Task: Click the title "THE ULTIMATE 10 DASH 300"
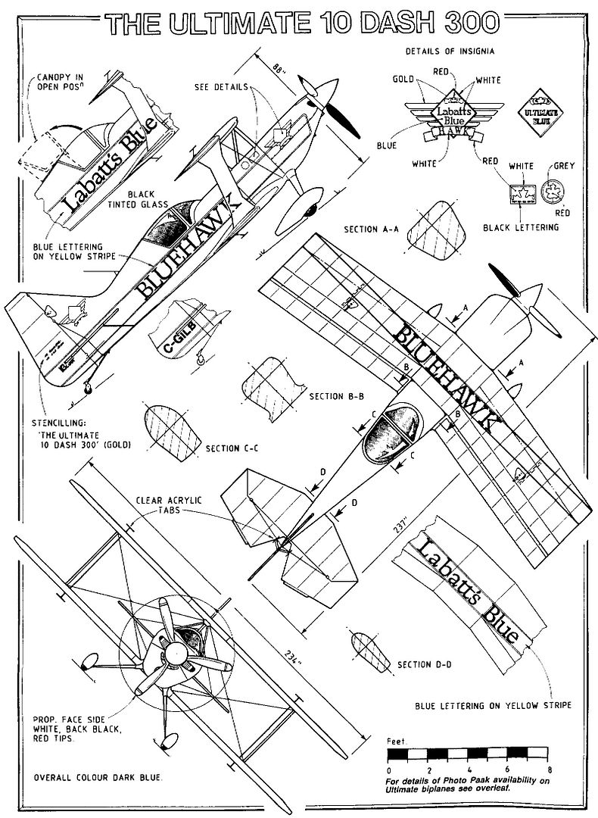(303, 23)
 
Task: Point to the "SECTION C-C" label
(232, 448)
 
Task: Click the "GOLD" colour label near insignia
(403, 78)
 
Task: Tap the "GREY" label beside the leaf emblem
(563, 164)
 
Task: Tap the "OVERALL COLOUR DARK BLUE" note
(98, 778)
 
